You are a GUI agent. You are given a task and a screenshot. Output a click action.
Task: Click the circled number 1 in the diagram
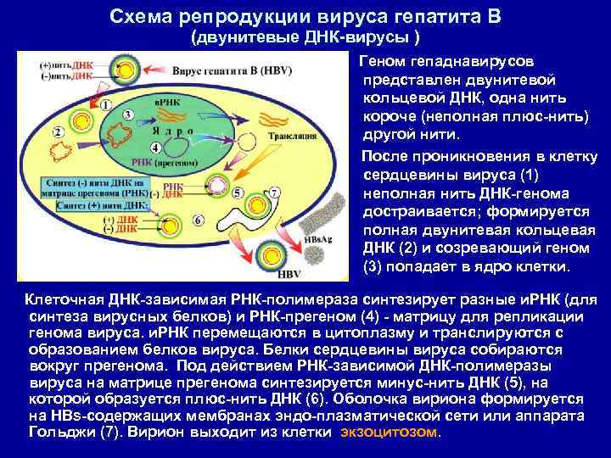tap(105, 104)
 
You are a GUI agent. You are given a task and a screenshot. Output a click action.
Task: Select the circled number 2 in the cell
tap(58, 132)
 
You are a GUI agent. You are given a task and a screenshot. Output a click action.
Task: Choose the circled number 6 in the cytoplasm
tap(198, 219)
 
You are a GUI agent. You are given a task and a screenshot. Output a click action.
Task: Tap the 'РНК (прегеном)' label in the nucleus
tap(157, 160)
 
